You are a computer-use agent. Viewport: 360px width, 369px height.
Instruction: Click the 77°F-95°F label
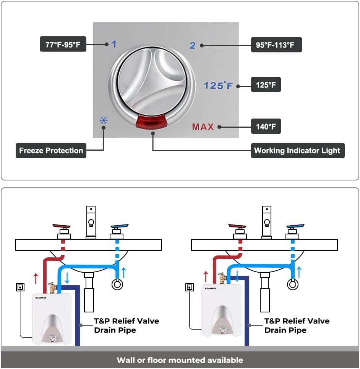click(63, 44)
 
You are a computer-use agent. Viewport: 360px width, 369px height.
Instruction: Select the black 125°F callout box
click(266, 85)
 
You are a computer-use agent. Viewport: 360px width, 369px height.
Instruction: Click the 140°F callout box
click(266, 127)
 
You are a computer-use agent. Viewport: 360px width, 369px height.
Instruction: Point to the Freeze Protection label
click(51, 150)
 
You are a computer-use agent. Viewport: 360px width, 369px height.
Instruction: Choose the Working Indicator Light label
click(297, 150)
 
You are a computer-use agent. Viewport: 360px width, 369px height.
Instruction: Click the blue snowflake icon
click(104, 120)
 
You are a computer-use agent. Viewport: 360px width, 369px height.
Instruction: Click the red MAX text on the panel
click(203, 127)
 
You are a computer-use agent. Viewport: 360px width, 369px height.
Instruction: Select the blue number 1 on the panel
click(114, 44)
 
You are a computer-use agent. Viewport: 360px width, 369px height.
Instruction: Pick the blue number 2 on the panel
click(193, 46)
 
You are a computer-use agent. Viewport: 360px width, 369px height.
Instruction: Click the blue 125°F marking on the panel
click(218, 85)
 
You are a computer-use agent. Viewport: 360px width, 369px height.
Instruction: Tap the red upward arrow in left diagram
click(36, 278)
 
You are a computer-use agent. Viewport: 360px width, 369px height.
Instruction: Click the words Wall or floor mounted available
click(180, 360)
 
